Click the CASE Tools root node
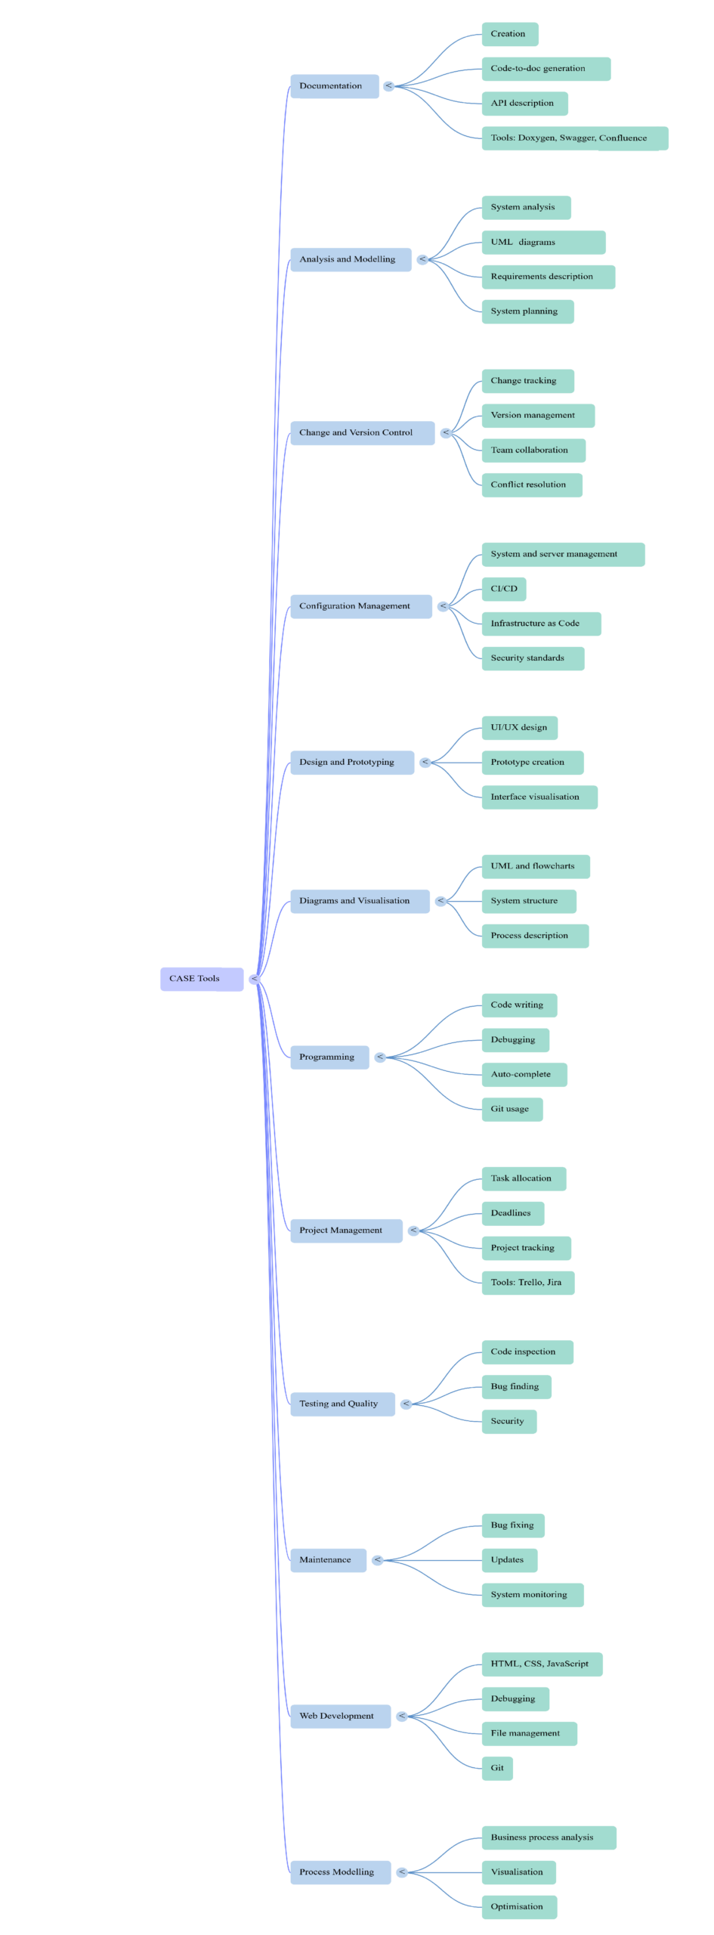coord(201,979)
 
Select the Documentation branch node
coord(334,86)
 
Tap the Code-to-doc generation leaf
coord(546,69)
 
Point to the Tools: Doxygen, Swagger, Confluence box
coord(574,138)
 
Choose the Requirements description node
coord(548,277)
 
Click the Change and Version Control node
coord(362,433)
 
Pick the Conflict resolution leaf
coord(532,485)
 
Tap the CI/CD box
coord(504,589)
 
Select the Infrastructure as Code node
coord(541,624)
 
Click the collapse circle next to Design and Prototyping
coord(425,763)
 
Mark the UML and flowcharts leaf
coord(536,866)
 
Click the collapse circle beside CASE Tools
coord(255,980)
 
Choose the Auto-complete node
coord(524,1075)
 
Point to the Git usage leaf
coord(512,1110)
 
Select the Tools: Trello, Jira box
coord(528,1283)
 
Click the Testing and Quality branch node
coord(342,1404)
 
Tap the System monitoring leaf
coord(533,1595)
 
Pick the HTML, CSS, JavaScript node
coord(542,1664)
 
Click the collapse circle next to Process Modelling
coord(402,1872)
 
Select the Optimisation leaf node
coord(519,1907)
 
